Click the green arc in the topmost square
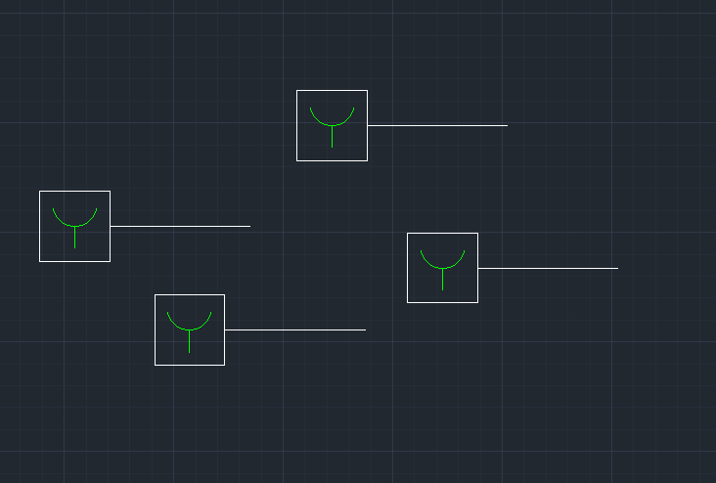(x=332, y=125)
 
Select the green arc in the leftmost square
(x=74, y=226)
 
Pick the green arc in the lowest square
(x=190, y=329)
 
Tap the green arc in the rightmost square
(x=442, y=268)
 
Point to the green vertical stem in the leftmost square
(x=74, y=238)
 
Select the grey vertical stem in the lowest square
(x=190, y=341)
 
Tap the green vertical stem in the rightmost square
(x=442, y=280)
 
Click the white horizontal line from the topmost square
(x=437, y=125)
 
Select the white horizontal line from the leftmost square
(x=180, y=226)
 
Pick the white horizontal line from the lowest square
(x=294, y=329)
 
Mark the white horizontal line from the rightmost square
(x=548, y=268)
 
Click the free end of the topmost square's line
(x=507, y=125)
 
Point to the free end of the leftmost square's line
(x=249, y=226)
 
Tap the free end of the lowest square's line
(x=365, y=329)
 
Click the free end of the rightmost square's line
(x=617, y=268)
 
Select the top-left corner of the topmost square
(x=297, y=91)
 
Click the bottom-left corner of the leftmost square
(x=40, y=261)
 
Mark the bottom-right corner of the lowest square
(x=224, y=365)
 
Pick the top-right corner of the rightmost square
(x=477, y=234)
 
